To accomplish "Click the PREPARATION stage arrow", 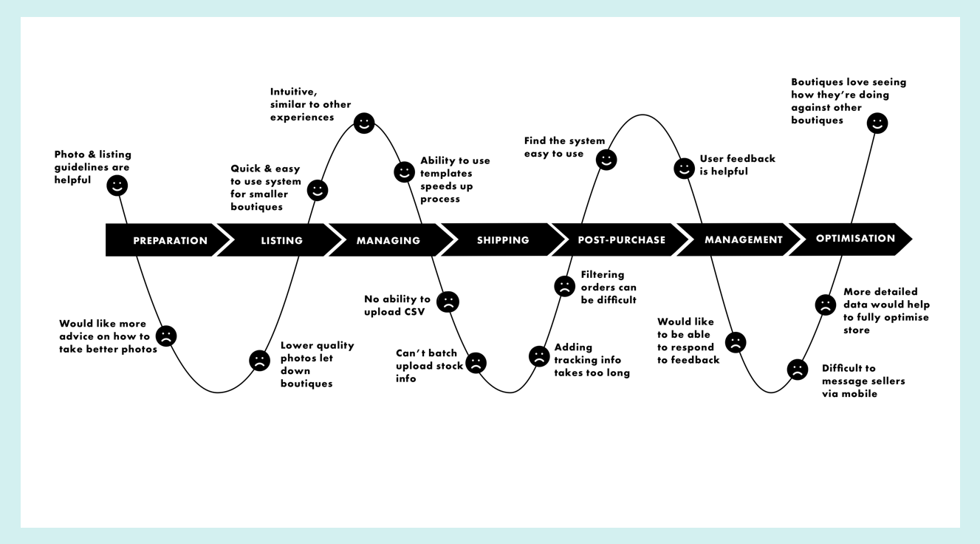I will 170,240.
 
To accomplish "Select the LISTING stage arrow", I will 281,240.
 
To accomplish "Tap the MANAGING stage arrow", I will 388,240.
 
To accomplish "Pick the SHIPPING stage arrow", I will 503,240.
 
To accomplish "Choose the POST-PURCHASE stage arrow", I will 621,240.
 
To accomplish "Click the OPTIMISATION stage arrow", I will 855,239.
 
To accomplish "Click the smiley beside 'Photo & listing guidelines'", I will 117,185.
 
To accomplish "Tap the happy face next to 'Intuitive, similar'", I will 364,123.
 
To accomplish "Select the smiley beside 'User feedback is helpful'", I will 685,169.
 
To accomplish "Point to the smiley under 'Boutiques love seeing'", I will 877,123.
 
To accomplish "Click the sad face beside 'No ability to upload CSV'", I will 448,302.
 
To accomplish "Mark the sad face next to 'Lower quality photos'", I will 259,360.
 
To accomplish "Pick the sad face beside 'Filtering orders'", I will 564,286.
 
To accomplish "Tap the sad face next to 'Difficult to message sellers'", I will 798,370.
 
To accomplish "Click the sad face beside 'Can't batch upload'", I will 476,362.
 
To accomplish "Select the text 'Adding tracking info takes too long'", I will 592,360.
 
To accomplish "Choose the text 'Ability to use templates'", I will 455,180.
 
